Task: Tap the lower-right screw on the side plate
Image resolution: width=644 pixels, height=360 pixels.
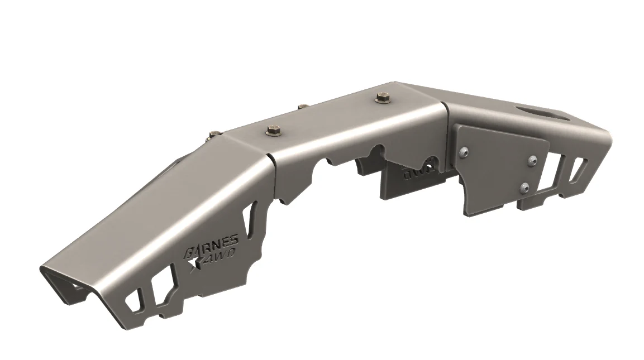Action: tap(524, 187)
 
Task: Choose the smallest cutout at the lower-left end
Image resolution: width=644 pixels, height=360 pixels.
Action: tap(134, 302)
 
